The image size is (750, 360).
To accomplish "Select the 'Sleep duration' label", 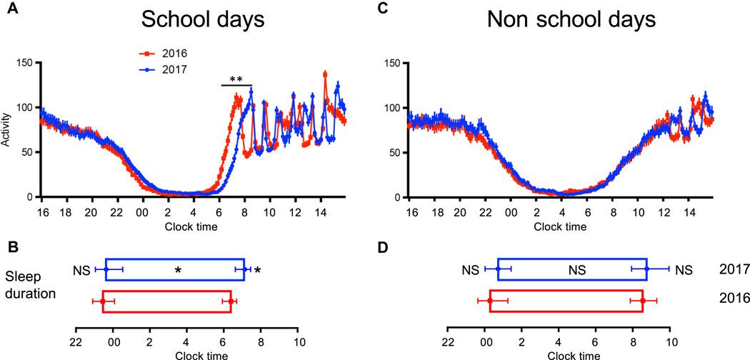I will (x=31, y=284).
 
